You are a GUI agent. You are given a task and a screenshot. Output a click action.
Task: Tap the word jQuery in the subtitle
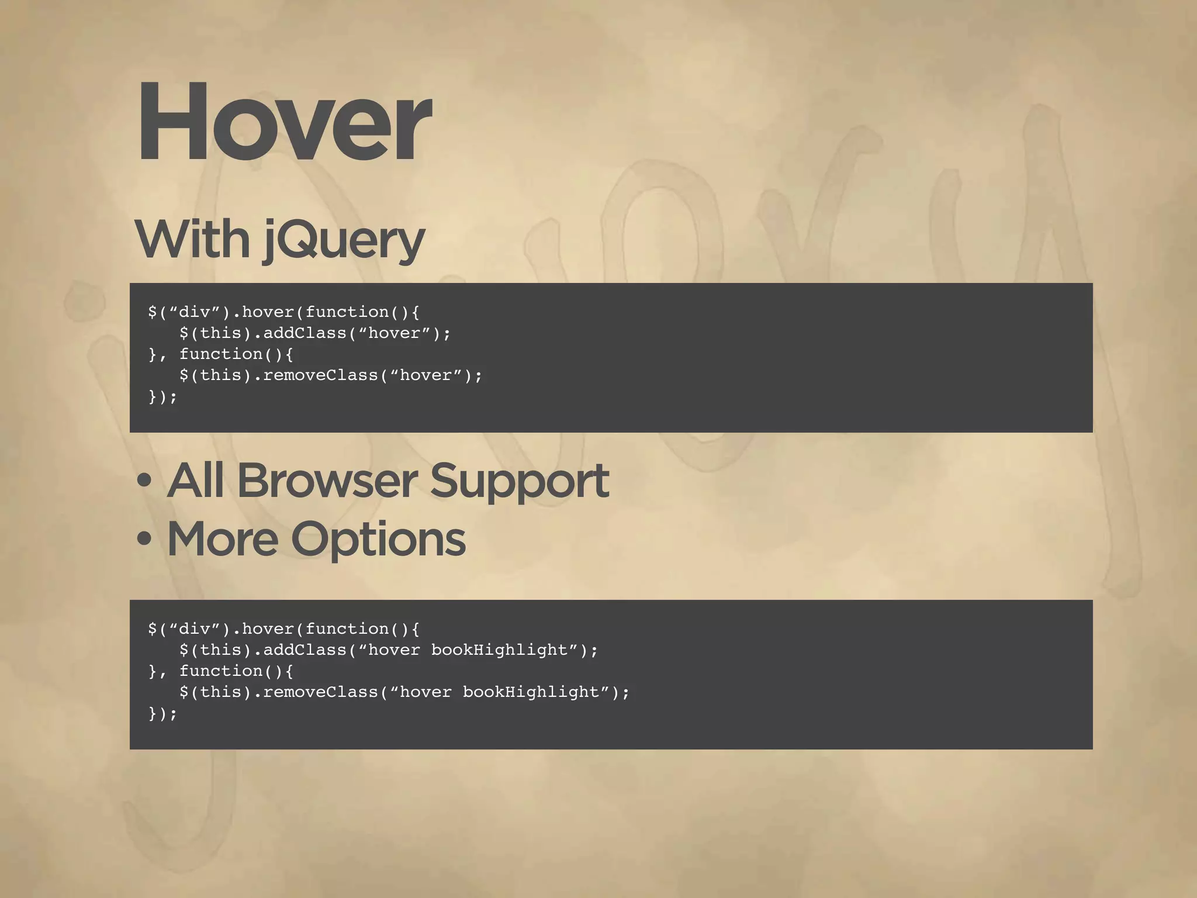coord(344,241)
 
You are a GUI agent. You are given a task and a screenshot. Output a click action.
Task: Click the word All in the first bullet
coord(195,481)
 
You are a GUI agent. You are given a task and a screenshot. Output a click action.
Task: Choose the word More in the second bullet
coord(223,539)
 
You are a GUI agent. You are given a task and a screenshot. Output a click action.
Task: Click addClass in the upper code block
coord(305,333)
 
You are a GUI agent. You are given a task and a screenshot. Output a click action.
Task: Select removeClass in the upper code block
coord(321,375)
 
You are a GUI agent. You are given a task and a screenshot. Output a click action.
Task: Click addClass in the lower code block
coord(305,650)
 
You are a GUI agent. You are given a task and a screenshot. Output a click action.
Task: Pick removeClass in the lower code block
coord(321,692)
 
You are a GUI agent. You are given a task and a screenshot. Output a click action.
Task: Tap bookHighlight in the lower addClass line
coord(499,650)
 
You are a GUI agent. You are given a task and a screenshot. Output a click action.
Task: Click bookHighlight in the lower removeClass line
coord(531,692)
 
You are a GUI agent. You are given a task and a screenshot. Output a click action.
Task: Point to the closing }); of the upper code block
coord(162,396)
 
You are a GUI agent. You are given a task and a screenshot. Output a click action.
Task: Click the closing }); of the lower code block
coord(162,713)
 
